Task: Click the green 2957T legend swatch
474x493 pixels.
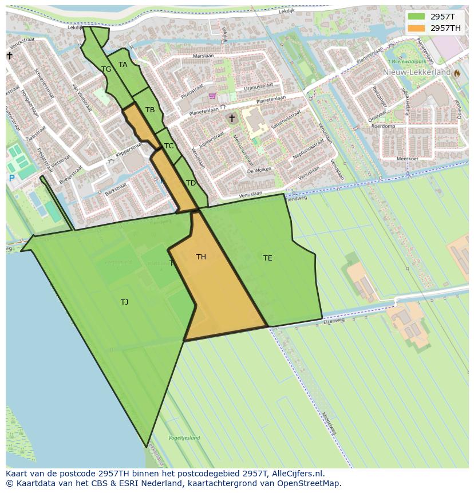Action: point(417,17)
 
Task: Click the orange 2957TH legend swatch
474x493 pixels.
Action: point(417,28)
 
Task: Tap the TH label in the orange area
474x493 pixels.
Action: point(201,257)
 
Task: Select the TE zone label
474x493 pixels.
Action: point(267,258)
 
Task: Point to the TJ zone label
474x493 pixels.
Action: point(124,302)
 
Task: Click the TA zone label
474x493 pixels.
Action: point(123,65)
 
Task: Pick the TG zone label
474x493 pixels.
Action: point(106,69)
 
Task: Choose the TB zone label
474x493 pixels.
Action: point(150,110)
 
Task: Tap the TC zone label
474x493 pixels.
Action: point(169,146)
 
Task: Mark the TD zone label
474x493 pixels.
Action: point(191,183)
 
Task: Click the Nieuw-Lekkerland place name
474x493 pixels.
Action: point(417,73)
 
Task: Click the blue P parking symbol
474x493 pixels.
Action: point(11,179)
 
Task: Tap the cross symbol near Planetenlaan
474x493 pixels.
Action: point(231,119)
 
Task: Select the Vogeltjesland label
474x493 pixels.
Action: point(184,438)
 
